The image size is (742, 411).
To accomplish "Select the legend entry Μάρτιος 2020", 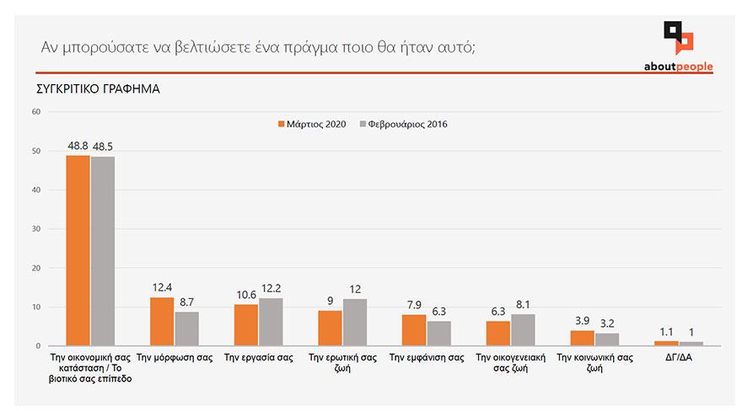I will pyautogui.click(x=311, y=125).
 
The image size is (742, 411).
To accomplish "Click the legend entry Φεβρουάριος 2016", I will pyautogui.click(x=402, y=125).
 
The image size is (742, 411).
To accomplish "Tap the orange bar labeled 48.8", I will pyautogui.click(x=78, y=250).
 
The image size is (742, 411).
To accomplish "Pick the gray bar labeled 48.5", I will pyautogui.click(x=102, y=251).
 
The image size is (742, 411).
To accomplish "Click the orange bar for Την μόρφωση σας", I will pyautogui.click(x=161, y=321).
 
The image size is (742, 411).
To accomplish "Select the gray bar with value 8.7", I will pyautogui.click(x=186, y=328).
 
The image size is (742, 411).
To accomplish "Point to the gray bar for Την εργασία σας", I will pyautogui.click(x=271, y=322).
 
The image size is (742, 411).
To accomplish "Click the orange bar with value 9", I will pyautogui.click(x=330, y=328).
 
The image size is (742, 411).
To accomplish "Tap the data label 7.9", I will pyautogui.click(x=414, y=305).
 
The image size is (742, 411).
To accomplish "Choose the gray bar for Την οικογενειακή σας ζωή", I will pyautogui.click(x=523, y=329).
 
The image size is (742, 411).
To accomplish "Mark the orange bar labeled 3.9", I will pyautogui.click(x=582, y=338).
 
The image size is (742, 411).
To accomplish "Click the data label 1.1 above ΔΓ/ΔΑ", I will pyautogui.click(x=666, y=332).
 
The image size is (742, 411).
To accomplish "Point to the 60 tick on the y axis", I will pyautogui.click(x=35, y=112).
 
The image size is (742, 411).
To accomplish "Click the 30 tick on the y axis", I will pyautogui.click(x=35, y=229).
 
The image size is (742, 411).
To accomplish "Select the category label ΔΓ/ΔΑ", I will pyautogui.click(x=678, y=358).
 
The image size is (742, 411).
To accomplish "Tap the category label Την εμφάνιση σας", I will pyautogui.click(x=426, y=358).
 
